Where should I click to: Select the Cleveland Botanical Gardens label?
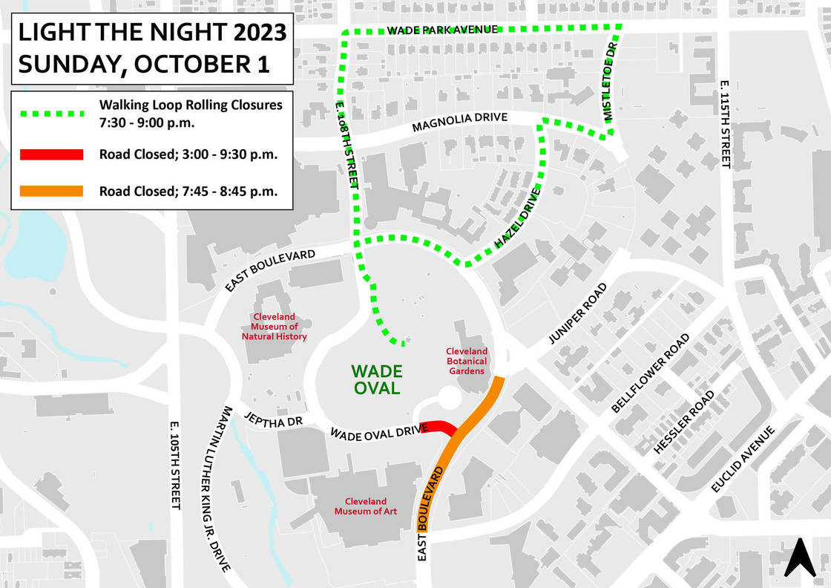(x=466, y=361)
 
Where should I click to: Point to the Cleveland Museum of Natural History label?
(x=274, y=327)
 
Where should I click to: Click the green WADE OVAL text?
(x=376, y=379)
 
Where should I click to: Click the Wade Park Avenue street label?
(x=441, y=30)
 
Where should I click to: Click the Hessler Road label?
(x=683, y=422)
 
